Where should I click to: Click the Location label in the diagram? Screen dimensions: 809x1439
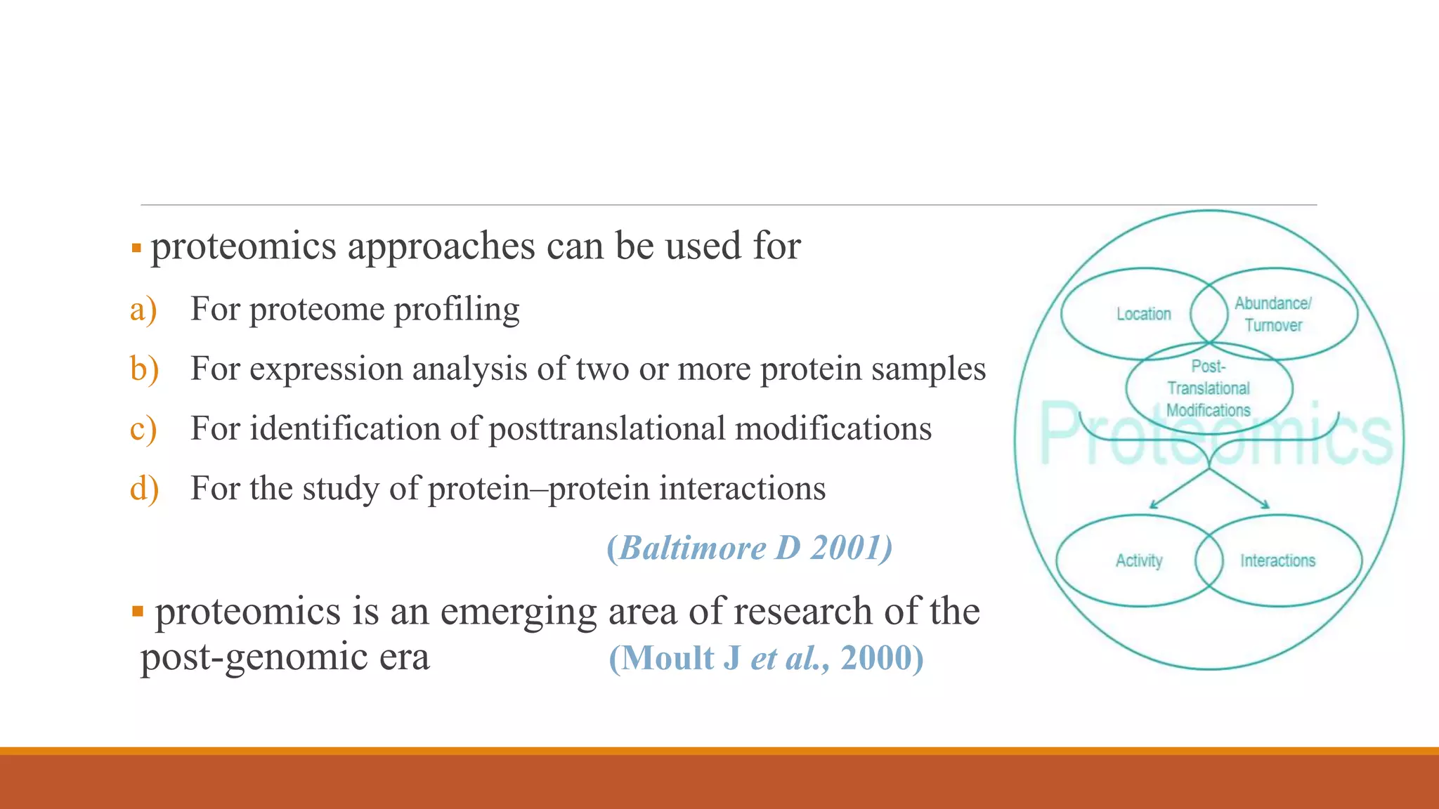(1144, 314)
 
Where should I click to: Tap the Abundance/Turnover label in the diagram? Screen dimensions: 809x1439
(1273, 314)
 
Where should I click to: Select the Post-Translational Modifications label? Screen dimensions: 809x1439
(1209, 388)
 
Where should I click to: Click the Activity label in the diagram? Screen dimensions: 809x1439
(1139, 560)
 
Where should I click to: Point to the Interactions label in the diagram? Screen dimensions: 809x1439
(1277, 560)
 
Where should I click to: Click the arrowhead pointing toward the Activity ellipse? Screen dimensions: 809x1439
(1153, 504)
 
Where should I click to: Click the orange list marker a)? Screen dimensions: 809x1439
(143, 310)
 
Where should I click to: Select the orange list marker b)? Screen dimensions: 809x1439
(144, 369)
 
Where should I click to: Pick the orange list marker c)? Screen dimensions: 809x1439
(143, 429)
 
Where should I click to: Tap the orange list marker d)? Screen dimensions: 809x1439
(144, 488)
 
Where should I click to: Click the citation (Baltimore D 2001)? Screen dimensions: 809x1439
(749, 548)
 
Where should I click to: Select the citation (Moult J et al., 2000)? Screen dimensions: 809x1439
(766, 658)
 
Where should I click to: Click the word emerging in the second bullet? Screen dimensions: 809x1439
(519, 612)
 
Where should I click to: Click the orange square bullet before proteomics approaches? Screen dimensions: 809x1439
(136, 248)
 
